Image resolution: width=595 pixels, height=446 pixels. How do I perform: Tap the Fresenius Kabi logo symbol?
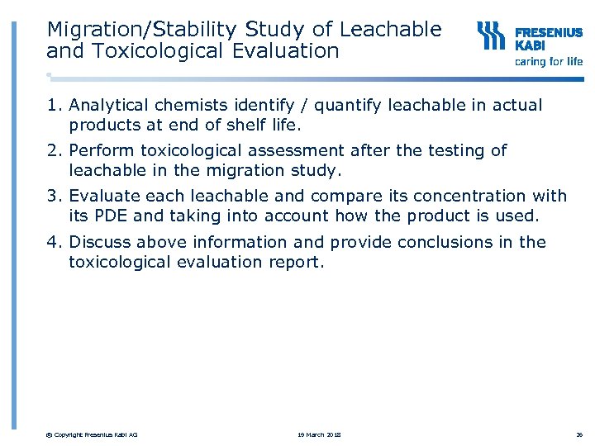(491, 36)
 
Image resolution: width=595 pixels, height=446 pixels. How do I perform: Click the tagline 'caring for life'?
(549, 61)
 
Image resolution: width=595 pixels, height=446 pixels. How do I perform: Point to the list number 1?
(52, 106)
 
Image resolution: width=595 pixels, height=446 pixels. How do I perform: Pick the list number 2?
(52, 151)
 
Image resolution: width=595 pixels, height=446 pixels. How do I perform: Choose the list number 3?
(52, 197)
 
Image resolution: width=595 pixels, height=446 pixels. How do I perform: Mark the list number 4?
(52, 243)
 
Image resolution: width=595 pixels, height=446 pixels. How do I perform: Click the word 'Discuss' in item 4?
(100, 243)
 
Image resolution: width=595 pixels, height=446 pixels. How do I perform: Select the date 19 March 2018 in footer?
(319, 434)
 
